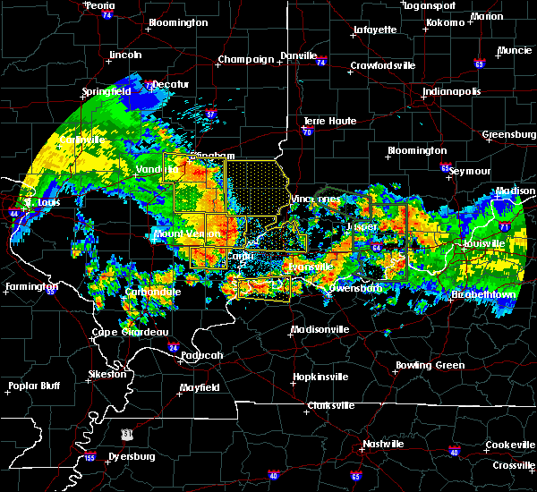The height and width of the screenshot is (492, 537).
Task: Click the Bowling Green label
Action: coord(430,365)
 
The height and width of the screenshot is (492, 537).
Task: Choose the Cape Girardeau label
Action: coord(132,332)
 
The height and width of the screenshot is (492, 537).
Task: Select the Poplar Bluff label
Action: coord(34,386)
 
